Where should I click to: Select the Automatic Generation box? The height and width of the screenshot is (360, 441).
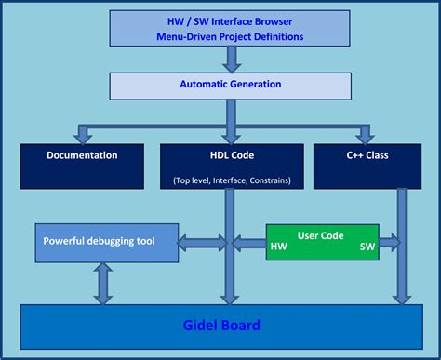[x=230, y=85]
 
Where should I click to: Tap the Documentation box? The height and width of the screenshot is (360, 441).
[x=82, y=166]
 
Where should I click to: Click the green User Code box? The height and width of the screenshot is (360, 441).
[x=321, y=241]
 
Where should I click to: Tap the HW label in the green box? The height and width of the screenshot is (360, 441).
[x=278, y=247]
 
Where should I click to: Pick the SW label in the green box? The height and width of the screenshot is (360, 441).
[x=367, y=247]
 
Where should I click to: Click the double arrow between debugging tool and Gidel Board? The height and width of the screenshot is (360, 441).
[x=103, y=284]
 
